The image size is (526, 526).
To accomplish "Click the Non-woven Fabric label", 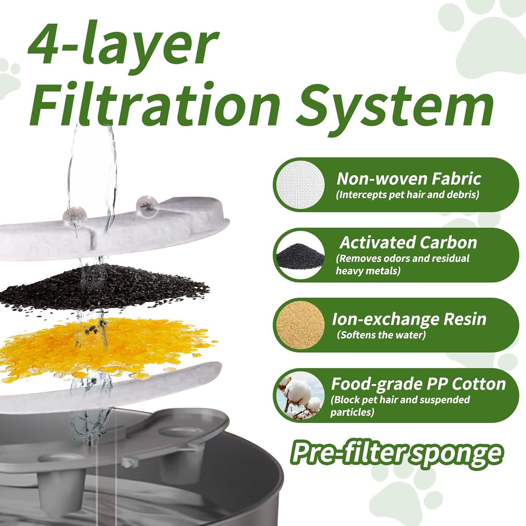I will (409, 179).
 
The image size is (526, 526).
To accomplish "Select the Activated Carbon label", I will (409, 243).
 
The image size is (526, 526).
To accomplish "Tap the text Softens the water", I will (381, 335).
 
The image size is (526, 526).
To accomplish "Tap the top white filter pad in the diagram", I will (112, 228).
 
